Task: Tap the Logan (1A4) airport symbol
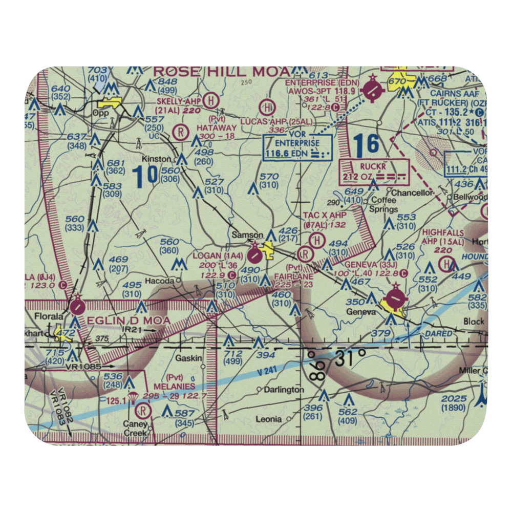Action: (254, 253)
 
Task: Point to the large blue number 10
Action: (144, 176)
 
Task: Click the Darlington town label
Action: (284, 390)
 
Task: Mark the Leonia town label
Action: (268, 419)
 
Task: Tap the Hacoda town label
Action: (159, 281)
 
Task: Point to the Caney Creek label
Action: (135, 428)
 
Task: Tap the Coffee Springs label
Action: (385, 204)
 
